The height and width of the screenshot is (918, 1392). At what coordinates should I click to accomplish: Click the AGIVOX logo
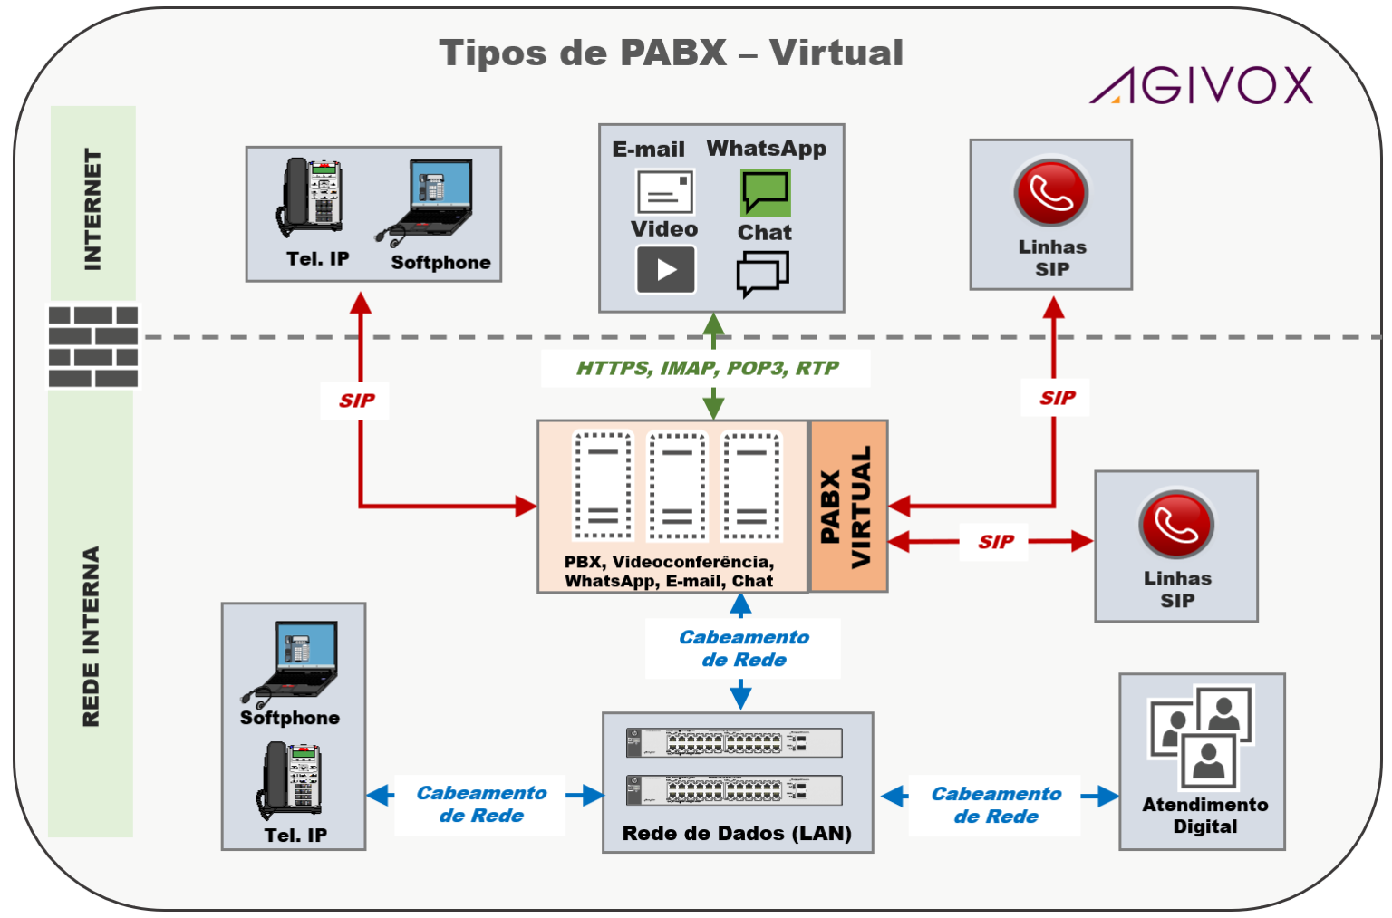[1201, 85]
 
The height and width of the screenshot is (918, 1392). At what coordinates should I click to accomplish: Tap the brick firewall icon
[93, 346]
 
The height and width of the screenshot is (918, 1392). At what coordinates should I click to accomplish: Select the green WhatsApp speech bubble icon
[765, 192]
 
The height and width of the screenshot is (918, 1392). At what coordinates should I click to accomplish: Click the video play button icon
[666, 270]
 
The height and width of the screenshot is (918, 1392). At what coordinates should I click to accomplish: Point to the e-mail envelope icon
[665, 192]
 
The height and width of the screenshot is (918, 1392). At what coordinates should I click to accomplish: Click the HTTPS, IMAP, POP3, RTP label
[707, 368]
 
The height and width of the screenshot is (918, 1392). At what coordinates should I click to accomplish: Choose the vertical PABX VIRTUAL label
[846, 506]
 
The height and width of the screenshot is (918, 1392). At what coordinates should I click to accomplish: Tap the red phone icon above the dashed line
[1050, 192]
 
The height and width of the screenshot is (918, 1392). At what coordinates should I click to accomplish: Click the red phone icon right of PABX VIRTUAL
[1175, 524]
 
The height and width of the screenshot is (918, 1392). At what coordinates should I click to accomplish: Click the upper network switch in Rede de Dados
[734, 743]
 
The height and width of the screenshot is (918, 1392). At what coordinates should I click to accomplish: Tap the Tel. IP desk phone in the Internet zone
[311, 198]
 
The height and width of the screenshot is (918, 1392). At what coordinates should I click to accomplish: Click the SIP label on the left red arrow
[356, 401]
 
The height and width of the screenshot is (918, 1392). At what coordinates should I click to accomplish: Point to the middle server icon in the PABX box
[676, 486]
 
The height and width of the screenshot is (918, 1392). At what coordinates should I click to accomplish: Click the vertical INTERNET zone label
[92, 209]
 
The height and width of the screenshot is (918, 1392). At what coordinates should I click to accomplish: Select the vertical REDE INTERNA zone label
[91, 636]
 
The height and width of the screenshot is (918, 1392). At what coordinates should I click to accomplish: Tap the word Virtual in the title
[836, 53]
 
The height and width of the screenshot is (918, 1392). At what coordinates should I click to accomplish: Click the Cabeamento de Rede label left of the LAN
[480, 804]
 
